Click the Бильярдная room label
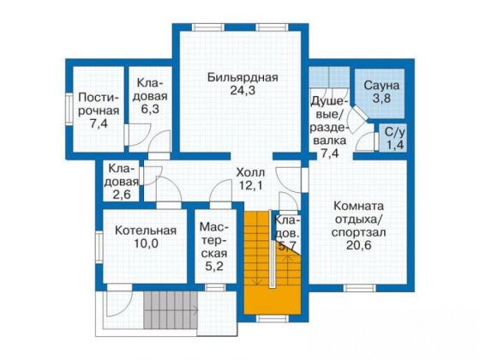click(x=243, y=78)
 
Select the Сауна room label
click(x=377, y=86)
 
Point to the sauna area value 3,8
click(x=377, y=99)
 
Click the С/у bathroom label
click(x=393, y=131)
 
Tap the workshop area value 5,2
click(x=214, y=267)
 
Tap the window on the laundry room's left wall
click(x=69, y=111)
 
